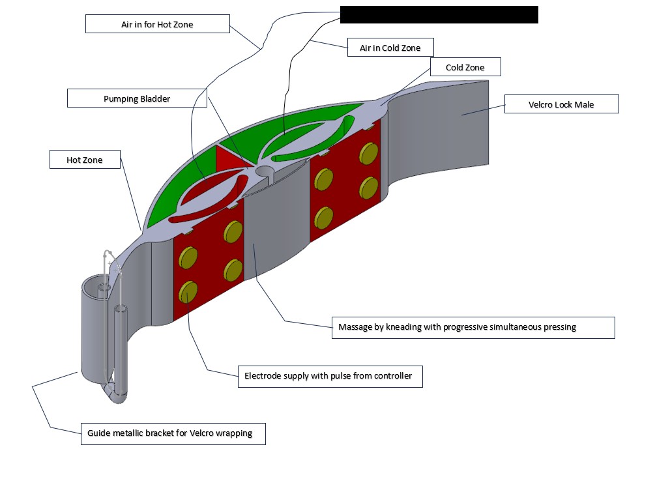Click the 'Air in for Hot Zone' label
[158, 24]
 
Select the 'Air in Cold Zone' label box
[390, 48]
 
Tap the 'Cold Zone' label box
[465, 67]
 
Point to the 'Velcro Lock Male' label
[561, 104]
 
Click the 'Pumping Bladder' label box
[137, 99]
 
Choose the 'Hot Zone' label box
[85, 160]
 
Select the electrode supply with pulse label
[328, 376]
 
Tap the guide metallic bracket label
[173, 433]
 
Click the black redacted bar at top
[439, 14]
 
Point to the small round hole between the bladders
[265, 171]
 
